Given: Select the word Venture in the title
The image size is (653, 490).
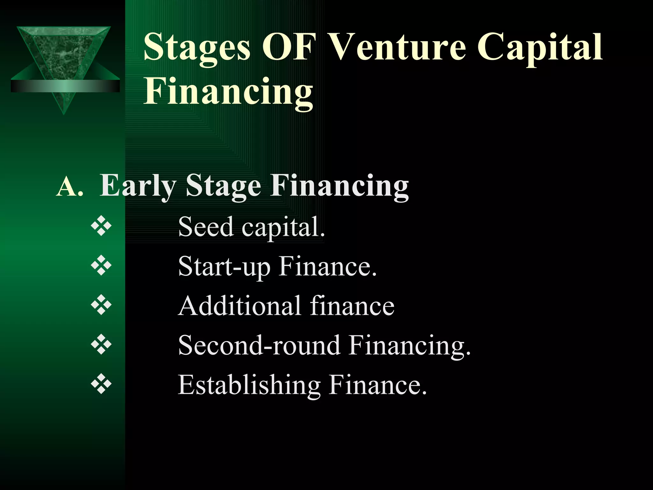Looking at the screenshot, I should tap(397, 47).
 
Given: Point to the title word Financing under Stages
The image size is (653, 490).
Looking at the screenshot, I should tap(228, 92).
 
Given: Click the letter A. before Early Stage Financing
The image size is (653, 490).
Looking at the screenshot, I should tap(70, 187).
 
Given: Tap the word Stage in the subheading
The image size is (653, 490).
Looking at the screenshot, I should tap(223, 187).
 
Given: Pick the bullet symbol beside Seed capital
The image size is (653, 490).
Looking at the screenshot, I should tap(101, 226).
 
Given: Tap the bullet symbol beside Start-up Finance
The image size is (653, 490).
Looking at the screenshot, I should tap(101, 266).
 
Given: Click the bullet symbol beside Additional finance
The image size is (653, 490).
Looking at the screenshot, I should tap(101, 305).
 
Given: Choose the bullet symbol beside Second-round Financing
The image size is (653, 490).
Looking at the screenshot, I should tap(101, 345).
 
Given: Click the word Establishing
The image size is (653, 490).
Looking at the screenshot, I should tap(249, 385).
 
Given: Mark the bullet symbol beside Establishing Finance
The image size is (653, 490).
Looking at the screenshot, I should tap(101, 384).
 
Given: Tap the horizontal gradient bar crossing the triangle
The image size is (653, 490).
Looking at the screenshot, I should tap(65, 86).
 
